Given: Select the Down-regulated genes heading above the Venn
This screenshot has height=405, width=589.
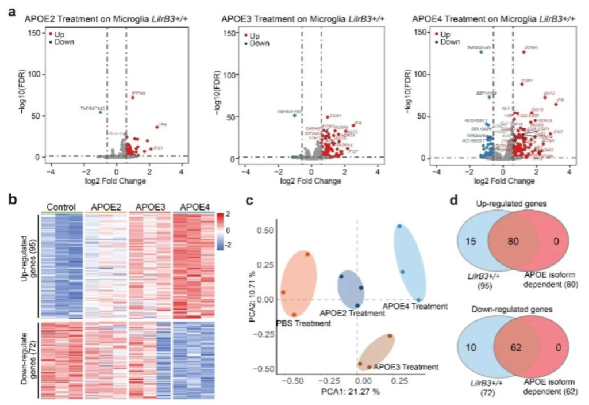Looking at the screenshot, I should [513, 308].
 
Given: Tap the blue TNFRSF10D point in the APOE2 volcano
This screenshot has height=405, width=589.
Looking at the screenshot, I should [100, 112].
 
